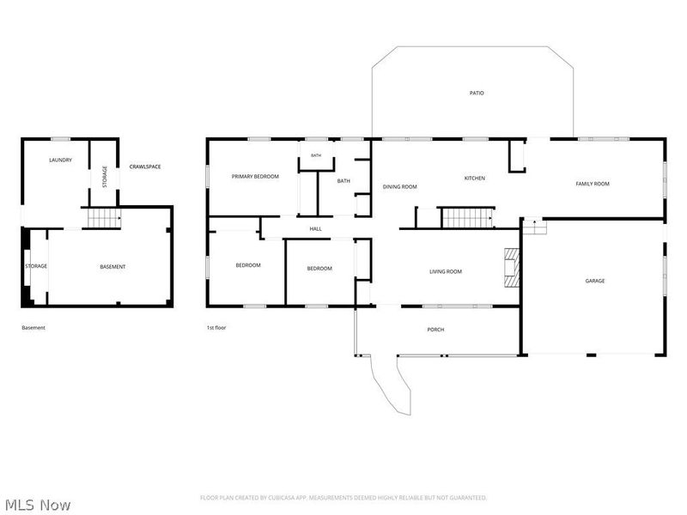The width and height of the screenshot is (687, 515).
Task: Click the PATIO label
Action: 477,93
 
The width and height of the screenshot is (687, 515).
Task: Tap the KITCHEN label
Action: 475,179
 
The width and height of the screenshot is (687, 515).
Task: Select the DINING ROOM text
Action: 399,186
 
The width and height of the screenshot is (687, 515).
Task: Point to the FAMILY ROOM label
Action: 593,184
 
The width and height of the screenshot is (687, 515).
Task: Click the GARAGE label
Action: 594,281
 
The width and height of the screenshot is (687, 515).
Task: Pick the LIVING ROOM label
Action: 445,271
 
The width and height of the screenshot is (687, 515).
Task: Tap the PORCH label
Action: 435,330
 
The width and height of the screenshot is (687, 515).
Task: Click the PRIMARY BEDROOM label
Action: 255,177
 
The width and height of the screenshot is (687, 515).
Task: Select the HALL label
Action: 315,228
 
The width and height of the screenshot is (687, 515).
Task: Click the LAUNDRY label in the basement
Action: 60,161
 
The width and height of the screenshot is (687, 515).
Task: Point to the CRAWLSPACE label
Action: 145,167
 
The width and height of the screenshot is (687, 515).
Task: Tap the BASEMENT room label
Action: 112,267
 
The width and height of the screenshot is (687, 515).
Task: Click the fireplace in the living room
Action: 511,268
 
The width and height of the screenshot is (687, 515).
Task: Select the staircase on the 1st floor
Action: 467,218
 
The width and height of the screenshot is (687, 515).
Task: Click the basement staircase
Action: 104,218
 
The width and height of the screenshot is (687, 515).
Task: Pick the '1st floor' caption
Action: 216,328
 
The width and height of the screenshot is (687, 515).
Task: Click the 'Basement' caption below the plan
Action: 33,328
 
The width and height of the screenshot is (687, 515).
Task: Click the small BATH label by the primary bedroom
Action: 316,155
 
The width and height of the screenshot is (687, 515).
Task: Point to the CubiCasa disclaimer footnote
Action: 343,498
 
